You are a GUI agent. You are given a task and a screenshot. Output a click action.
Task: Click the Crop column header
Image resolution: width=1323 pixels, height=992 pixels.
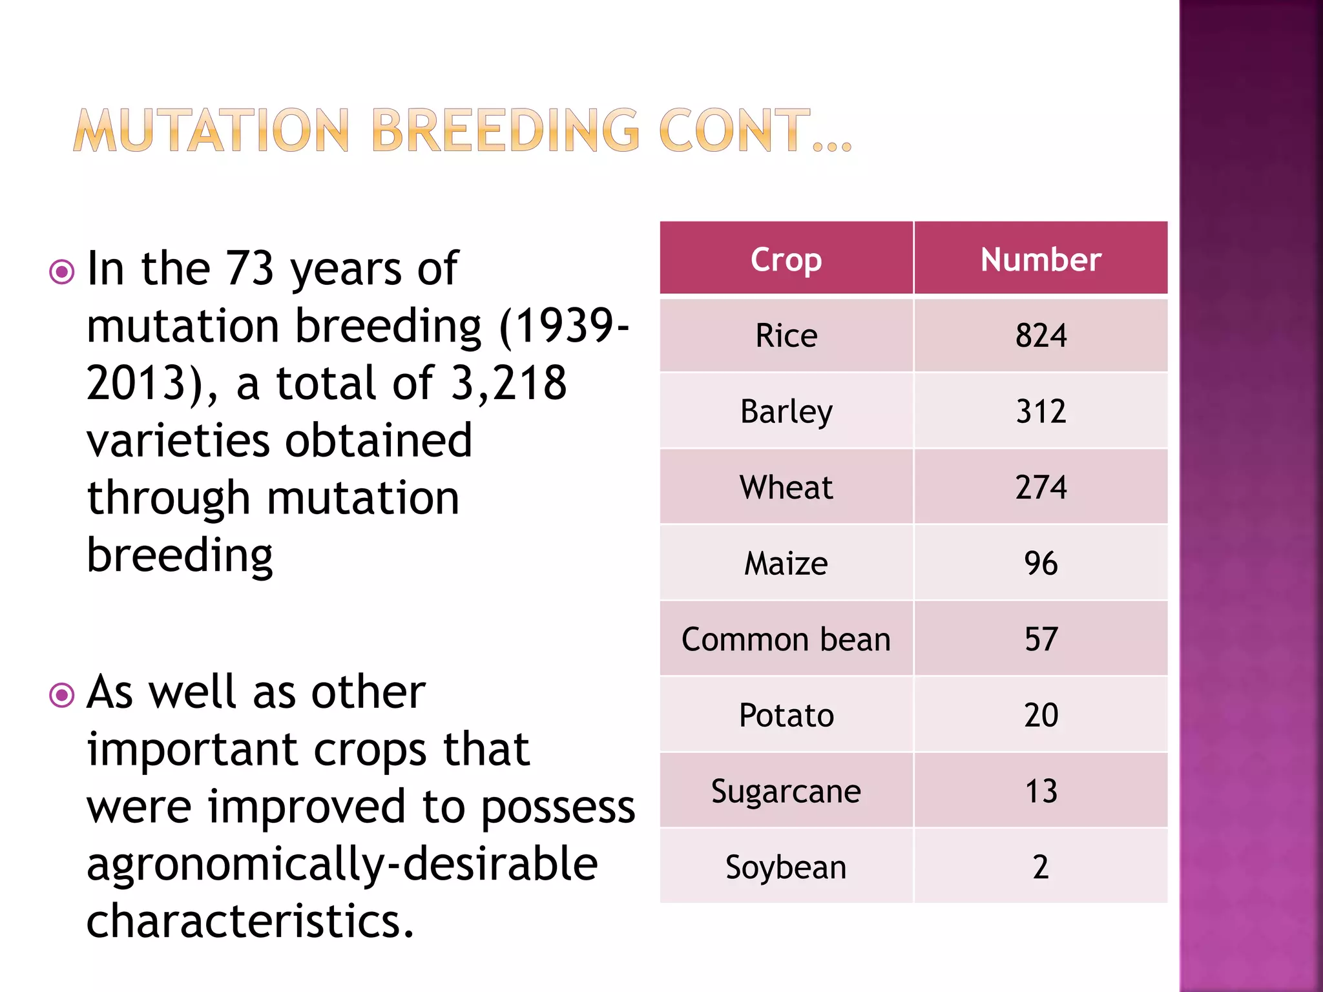click(x=786, y=260)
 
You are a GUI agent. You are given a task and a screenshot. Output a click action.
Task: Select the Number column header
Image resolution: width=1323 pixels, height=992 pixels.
click(x=1040, y=260)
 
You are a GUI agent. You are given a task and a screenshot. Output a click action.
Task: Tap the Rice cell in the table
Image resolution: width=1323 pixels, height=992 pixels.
click(x=786, y=336)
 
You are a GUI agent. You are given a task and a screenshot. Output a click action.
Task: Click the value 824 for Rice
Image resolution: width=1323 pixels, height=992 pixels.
click(x=1040, y=336)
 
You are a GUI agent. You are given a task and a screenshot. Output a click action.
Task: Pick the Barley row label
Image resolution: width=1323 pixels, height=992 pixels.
click(x=786, y=412)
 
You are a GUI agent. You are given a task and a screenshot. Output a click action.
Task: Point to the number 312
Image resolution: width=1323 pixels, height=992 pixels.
click(x=1040, y=411)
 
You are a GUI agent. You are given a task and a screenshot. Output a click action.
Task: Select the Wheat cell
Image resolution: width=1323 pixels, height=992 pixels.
click(x=786, y=488)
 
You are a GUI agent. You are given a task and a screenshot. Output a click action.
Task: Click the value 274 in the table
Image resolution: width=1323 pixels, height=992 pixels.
click(x=1040, y=488)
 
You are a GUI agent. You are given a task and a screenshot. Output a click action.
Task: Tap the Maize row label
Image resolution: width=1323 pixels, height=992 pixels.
click(x=786, y=563)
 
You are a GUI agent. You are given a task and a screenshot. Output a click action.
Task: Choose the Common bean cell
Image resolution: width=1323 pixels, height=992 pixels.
click(x=786, y=639)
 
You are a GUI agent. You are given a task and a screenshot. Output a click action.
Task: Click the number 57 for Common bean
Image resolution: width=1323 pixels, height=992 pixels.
click(x=1040, y=639)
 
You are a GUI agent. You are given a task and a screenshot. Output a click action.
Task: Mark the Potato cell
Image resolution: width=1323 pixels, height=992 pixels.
click(x=786, y=716)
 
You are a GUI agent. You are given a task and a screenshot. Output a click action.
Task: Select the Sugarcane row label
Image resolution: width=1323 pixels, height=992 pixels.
click(x=786, y=792)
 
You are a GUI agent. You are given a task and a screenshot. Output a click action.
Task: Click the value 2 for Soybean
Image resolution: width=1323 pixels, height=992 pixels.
click(x=1040, y=867)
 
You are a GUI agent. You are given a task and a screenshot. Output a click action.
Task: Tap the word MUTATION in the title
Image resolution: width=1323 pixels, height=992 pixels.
click(x=212, y=131)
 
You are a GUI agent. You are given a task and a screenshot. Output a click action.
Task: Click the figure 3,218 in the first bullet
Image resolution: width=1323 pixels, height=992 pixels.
click(x=508, y=383)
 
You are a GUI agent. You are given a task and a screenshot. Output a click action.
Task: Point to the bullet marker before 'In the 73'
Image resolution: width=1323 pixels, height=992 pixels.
click(x=62, y=272)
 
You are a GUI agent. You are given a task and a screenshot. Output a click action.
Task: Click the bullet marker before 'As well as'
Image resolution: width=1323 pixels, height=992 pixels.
click(x=62, y=696)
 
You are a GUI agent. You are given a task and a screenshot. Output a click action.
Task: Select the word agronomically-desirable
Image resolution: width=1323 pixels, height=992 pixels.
click(x=342, y=865)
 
